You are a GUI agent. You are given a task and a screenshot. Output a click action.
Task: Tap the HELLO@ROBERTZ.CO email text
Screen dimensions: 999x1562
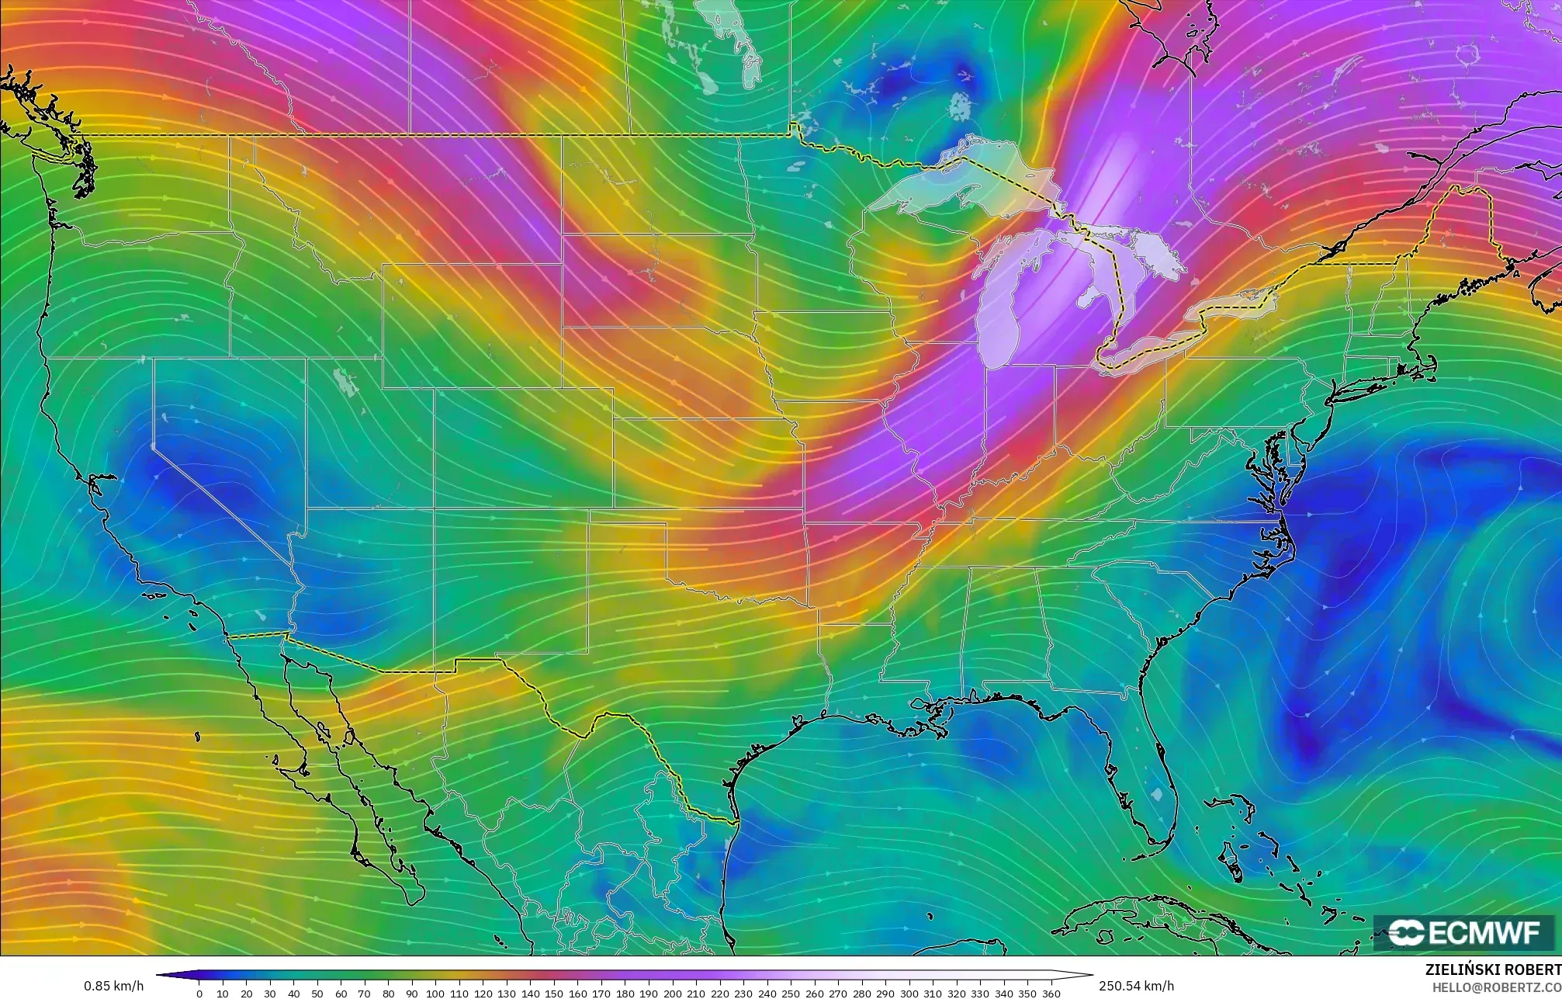pyautogui.click(x=1496, y=987)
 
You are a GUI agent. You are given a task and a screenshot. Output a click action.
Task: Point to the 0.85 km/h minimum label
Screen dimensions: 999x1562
pyautogui.click(x=113, y=986)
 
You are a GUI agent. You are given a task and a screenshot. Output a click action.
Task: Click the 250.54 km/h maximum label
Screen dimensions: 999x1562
pyautogui.click(x=1136, y=986)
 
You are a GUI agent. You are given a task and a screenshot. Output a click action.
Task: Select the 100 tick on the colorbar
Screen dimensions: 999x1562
pyautogui.click(x=435, y=993)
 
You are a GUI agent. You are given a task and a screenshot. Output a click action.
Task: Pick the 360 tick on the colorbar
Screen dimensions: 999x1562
pyautogui.click(x=1051, y=993)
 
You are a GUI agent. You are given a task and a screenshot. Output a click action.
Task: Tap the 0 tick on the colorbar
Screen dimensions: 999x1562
pyautogui.click(x=199, y=993)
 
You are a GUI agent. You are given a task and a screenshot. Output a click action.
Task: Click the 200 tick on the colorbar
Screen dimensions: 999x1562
pyautogui.click(x=672, y=993)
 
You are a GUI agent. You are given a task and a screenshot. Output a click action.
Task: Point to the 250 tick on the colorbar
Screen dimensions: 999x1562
pyautogui.click(x=790, y=993)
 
